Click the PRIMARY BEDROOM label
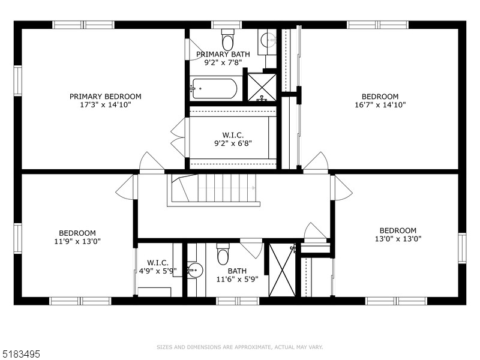(x=105, y=96)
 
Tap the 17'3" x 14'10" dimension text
(x=105, y=104)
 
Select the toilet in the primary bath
(x=228, y=40)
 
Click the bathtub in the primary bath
(x=214, y=89)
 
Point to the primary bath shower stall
(x=262, y=87)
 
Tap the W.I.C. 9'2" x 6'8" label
(x=233, y=139)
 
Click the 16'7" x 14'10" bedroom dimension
(x=380, y=104)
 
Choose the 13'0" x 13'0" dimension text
(x=398, y=238)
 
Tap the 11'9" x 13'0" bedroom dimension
(x=77, y=241)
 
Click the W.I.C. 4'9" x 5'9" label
(x=157, y=266)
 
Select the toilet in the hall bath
(x=223, y=254)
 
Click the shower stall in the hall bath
(x=282, y=270)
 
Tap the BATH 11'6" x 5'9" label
(x=236, y=275)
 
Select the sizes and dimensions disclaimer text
(x=239, y=347)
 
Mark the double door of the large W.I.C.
(x=179, y=137)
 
